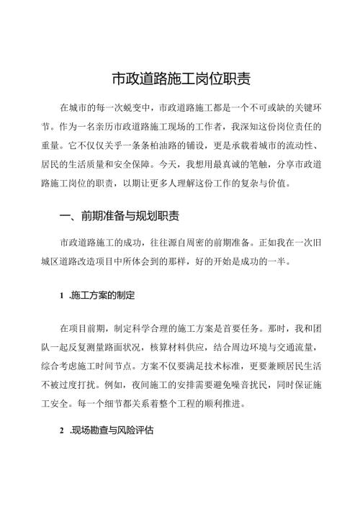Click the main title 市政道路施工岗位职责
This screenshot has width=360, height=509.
pos(180,78)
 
